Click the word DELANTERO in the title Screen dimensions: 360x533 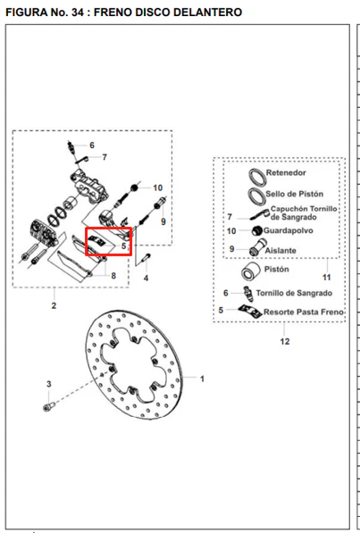tap(207, 12)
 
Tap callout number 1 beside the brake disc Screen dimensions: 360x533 tap(202, 379)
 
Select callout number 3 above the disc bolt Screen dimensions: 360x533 tap(48, 384)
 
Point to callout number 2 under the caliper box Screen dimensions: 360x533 tap(54, 305)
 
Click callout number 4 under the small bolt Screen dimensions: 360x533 tap(146, 279)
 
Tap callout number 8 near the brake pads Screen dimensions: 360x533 tap(113, 276)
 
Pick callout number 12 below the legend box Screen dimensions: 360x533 tap(285, 341)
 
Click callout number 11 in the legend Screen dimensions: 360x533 tap(327, 278)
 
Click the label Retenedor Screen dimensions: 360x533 tap(286, 172)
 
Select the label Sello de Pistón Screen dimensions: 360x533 tap(294, 194)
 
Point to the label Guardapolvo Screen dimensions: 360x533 tap(289, 231)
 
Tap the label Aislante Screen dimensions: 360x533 tap(280, 251)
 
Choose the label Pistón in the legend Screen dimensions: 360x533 tap(277, 270)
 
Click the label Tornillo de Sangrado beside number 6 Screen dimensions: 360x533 tap(294, 294)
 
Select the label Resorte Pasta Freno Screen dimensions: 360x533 tap(304, 312)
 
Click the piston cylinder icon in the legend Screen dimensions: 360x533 tap(251, 271)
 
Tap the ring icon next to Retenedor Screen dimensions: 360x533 tap(257, 177)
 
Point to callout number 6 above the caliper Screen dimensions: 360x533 tap(92, 146)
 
